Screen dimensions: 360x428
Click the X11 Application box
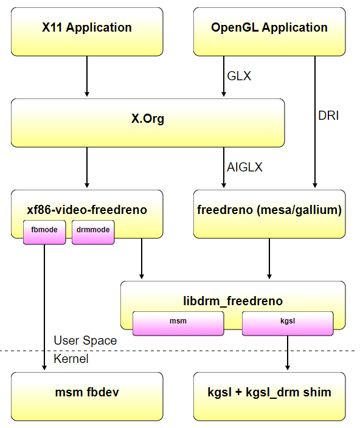point(87,32)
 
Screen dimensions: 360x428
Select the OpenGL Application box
point(269,32)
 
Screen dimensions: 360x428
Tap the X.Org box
point(148,123)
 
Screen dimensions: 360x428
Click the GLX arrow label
point(239,76)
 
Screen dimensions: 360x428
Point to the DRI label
point(328,116)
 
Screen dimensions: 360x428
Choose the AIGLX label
point(244,167)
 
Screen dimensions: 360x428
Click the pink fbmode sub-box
point(44,232)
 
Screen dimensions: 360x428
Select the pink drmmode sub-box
point(93,232)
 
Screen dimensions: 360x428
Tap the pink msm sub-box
point(178,323)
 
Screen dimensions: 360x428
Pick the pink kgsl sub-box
point(288,323)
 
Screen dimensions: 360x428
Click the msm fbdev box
point(87,396)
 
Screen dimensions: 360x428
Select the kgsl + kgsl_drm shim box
point(269,396)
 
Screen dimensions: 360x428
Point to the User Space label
point(85,340)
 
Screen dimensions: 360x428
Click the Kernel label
point(71,359)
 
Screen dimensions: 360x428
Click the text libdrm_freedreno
point(233,301)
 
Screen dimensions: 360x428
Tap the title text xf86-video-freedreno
point(87,210)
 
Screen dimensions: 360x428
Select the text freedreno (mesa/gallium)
point(269,210)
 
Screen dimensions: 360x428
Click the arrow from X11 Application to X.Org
point(87,77)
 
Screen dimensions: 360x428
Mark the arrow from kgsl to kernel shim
point(288,353)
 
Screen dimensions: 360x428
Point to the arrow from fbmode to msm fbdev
point(44,308)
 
